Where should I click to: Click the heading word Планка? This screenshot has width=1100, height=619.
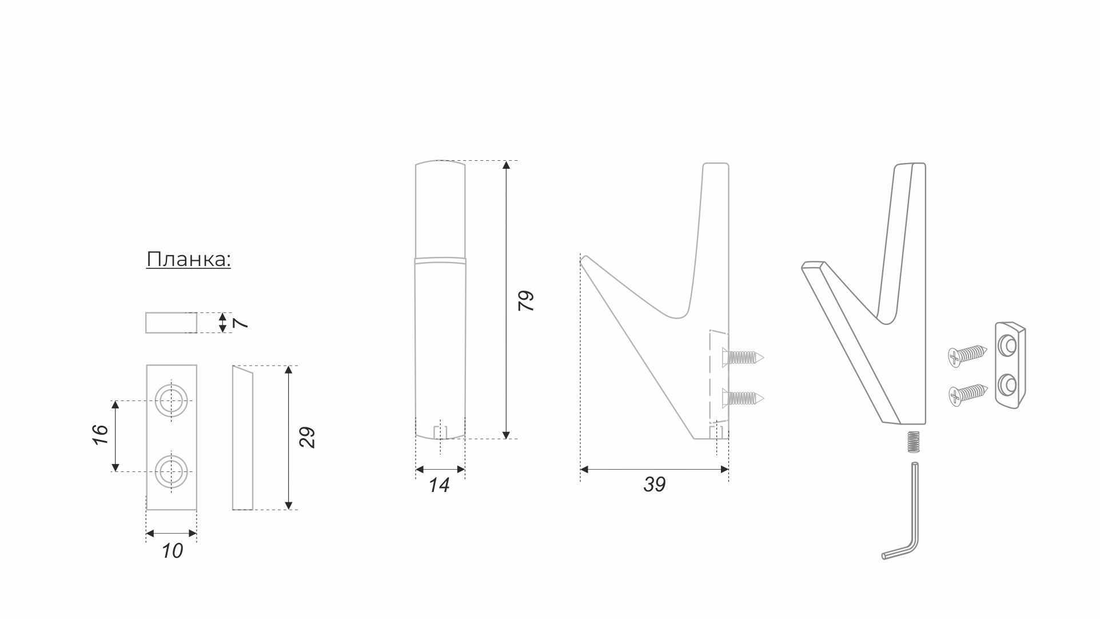pos(188,259)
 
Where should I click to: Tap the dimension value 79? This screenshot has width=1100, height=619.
pos(525,300)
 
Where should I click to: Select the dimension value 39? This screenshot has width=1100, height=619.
pos(655,485)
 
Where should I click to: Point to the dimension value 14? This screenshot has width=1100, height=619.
pos(439,485)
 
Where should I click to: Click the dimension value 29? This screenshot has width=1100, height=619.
pos(307,437)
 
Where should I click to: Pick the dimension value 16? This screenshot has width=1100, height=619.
pos(100,435)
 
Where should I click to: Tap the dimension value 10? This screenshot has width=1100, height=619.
pos(172,551)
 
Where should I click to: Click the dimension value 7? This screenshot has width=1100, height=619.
pos(241,323)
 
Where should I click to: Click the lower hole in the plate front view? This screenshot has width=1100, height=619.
pos(172,471)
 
